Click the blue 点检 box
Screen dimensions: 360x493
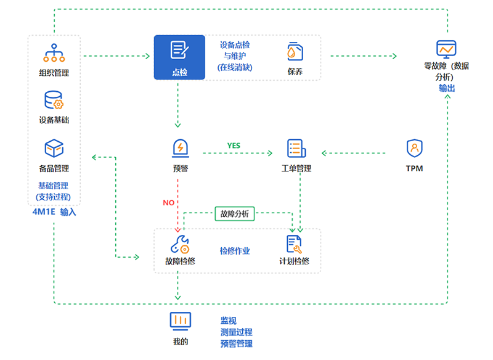[179, 57]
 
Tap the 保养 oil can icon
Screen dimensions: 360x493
[295, 51]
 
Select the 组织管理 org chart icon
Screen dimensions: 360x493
[54, 53]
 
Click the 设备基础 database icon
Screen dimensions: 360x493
[54, 100]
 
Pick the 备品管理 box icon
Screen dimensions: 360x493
[54, 149]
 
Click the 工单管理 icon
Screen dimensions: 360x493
[296, 149]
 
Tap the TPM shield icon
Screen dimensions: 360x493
[414, 149]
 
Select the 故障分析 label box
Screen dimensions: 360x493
[235, 214]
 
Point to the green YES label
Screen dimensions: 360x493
[234, 145]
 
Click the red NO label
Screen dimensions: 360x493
[168, 202]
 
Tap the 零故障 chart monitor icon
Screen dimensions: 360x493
[446, 48]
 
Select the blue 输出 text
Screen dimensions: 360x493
[447, 88]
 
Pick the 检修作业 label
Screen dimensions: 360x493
[235, 251]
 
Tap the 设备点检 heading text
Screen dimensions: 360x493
[235, 45]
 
